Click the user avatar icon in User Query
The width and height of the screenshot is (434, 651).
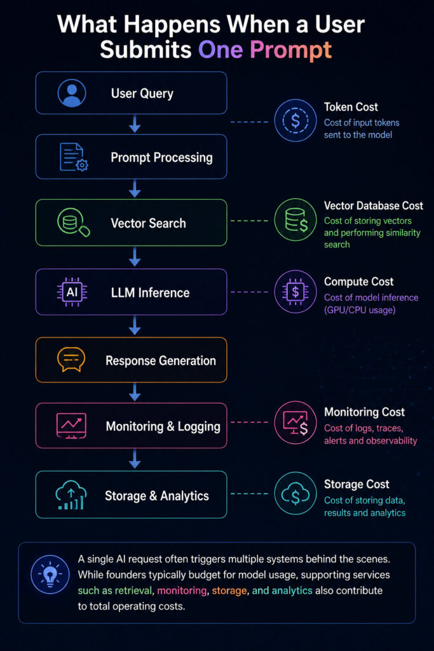72,93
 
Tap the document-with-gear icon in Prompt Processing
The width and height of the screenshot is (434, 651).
74,158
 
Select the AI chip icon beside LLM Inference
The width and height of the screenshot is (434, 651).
72,292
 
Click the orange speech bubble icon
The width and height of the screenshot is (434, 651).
71,360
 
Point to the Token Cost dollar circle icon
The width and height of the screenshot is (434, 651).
295,120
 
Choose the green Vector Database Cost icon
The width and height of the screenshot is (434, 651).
295,220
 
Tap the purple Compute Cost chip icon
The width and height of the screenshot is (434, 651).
295,291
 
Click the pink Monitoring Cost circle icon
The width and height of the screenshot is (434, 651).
295,423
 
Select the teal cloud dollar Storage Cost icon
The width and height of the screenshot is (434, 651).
295,493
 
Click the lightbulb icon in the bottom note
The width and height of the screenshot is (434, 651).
50,575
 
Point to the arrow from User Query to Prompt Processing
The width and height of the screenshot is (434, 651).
135,124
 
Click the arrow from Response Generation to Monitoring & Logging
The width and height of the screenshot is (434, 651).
135,392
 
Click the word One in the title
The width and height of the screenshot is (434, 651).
220,50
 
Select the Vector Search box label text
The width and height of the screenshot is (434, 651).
148,223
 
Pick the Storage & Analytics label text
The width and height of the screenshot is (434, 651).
157,496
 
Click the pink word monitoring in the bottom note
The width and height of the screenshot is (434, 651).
182,591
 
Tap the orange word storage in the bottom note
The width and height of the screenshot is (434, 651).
229,591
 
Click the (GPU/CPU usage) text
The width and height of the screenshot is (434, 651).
360,310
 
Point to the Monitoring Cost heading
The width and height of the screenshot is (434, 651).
364,412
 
